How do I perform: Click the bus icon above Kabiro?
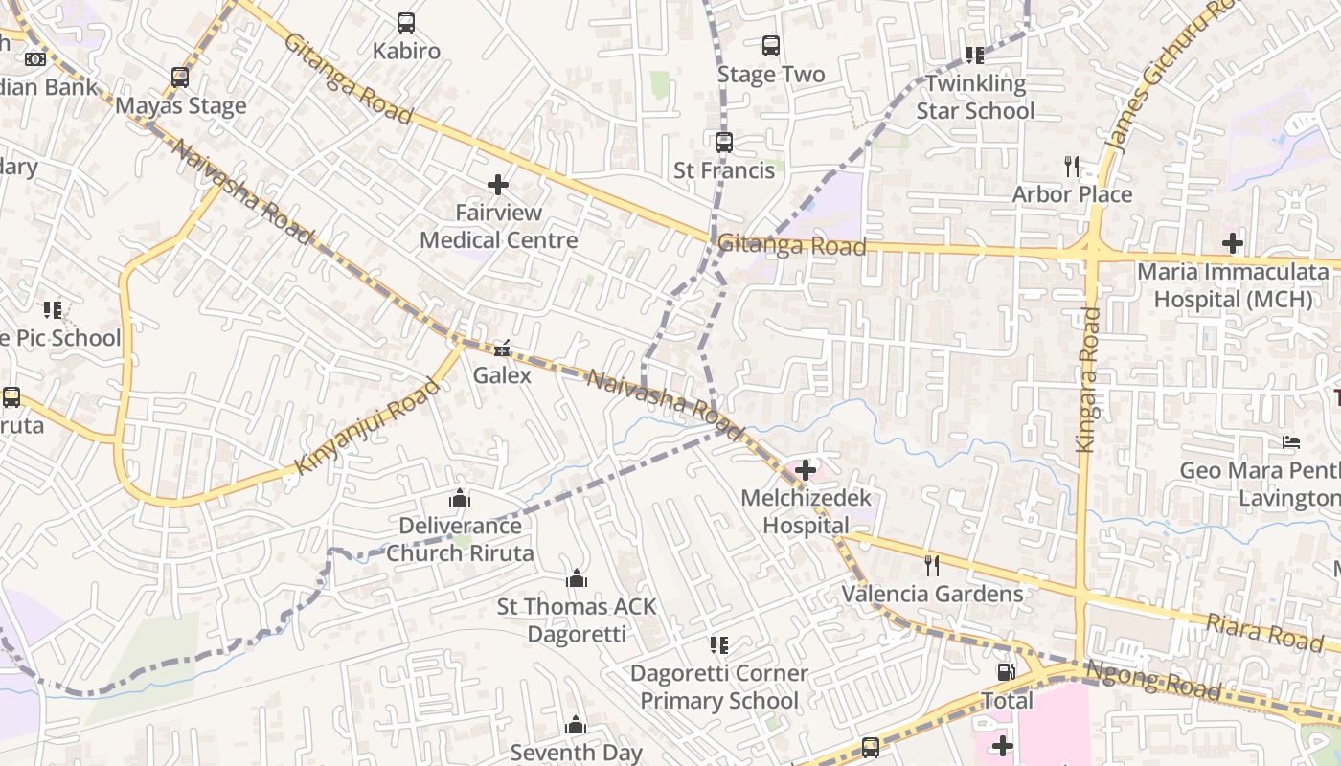(406, 22)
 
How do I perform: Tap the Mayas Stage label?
(180, 105)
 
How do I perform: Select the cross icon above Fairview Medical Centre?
(498, 184)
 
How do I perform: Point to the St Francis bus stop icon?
(724, 143)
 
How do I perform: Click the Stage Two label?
(770, 74)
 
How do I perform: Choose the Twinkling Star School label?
(975, 97)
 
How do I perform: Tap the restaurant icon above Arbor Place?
(1072, 167)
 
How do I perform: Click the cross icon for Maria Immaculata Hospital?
(1233, 243)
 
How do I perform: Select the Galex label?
(502, 374)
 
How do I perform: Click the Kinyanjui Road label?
(368, 425)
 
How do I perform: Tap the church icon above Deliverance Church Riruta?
(460, 498)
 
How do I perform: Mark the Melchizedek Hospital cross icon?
(806, 470)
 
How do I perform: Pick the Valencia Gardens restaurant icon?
(931, 566)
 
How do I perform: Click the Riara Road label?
(1264, 633)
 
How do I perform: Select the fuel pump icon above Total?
(1006, 672)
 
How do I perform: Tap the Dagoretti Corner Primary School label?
(718, 687)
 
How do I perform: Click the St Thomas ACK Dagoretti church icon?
(577, 578)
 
